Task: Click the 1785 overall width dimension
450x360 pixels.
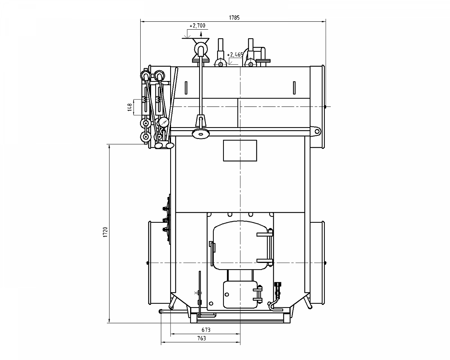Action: pos(234,18)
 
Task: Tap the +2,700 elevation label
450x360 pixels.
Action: pos(197,26)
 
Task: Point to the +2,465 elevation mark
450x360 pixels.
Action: pos(235,55)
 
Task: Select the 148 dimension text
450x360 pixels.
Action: pos(130,107)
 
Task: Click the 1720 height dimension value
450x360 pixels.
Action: pos(105,232)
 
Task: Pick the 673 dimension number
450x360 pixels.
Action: pos(206,330)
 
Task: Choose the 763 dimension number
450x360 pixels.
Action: pos(202,338)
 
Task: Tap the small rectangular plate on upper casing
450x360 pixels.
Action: pos(240,151)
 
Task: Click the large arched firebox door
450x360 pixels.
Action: pos(240,245)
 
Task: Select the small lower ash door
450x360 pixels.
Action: pos(240,294)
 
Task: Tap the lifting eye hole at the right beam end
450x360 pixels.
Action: pos(317,131)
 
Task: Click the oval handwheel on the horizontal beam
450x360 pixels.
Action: pos(201,133)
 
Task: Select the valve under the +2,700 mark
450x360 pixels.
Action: pos(201,49)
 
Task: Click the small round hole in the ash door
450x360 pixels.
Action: pos(226,294)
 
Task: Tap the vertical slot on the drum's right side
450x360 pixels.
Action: pos(294,88)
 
